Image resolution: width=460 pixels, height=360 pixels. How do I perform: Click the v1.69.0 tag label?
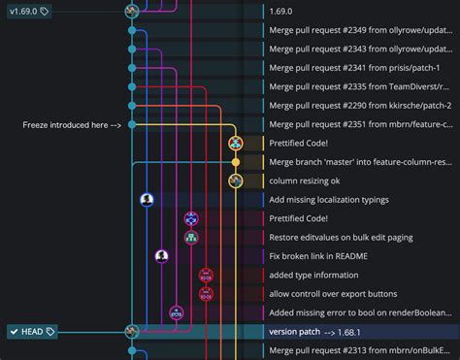pos(26,11)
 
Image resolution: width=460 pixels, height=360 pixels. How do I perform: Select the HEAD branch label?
pos(32,332)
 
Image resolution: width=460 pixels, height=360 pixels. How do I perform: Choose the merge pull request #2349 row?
pos(359,30)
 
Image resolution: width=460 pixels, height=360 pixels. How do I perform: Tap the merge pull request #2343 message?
pos(359,49)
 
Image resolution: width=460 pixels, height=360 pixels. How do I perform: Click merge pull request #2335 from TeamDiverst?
pos(359,86)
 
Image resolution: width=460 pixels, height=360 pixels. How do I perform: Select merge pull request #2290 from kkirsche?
pos(359,106)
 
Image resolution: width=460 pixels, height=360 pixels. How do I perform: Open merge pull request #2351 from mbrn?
pos(359,124)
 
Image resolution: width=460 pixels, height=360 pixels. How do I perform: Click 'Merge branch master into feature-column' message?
pos(359,162)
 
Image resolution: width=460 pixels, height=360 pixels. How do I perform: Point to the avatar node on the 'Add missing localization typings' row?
pos(147,200)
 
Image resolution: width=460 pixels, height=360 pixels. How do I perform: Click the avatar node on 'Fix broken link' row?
pos(162,256)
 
